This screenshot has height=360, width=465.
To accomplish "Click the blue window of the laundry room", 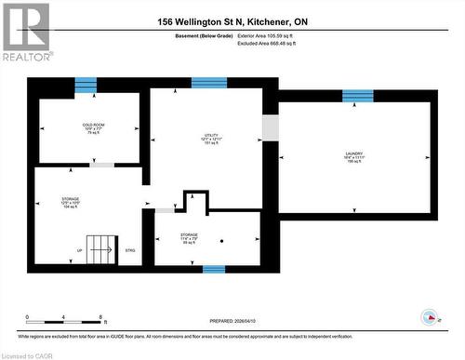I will (x=357, y=96).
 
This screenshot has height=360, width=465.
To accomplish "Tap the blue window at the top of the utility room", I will (x=209, y=83).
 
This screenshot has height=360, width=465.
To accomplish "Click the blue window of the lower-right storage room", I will (x=214, y=270).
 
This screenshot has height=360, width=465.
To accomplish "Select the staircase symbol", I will (x=100, y=246).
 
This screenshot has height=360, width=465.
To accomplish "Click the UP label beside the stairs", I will (x=79, y=251).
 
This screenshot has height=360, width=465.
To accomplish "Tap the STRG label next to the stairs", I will (x=130, y=251).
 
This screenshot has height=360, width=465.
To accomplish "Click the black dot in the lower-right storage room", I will (x=222, y=241).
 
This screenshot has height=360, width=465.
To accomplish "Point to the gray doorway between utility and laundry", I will (x=270, y=127).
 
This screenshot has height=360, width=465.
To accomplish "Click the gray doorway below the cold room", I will (x=101, y=165).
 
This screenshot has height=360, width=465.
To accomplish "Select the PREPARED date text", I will (x=232, y=321).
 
